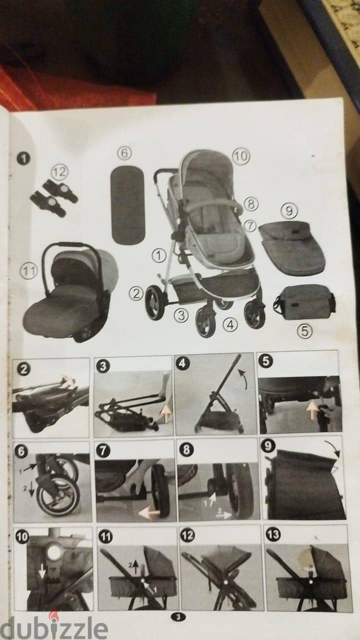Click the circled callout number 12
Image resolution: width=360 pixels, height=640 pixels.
coord(59,171)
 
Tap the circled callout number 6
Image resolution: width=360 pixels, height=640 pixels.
coord(124,153)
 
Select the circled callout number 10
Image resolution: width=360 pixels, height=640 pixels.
coord(241,156)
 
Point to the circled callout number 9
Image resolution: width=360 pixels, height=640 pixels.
coord(289,211)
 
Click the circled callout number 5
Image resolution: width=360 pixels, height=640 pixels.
coord(304,331)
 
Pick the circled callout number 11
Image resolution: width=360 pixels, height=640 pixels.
coord(29,270)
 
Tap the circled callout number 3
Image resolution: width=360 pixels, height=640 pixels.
coord(181,315)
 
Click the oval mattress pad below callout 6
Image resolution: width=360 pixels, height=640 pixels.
coord(127,205)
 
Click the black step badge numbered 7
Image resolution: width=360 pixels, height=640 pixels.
coord(103,451)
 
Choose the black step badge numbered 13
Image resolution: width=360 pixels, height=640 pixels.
coord(273,534)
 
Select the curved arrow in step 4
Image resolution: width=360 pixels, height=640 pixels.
coord(243,378)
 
